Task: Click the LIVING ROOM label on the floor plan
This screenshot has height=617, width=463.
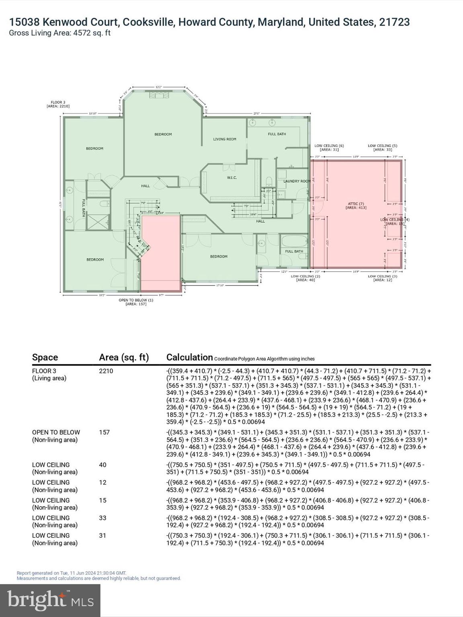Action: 225,139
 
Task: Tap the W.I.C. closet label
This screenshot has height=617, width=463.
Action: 231,178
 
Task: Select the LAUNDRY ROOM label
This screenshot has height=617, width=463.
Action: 297,181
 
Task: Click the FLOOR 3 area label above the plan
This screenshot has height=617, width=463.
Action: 58,104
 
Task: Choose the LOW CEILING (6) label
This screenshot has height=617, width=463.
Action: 329,147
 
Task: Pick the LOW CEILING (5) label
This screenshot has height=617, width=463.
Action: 382,147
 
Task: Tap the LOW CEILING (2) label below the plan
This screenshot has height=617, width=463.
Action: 305,278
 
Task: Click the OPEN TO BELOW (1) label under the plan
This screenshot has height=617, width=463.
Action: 136,302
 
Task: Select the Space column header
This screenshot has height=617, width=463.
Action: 45,358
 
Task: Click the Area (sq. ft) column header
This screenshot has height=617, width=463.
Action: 124,358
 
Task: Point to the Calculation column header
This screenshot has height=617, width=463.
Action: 189,358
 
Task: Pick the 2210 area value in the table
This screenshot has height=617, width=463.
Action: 106,371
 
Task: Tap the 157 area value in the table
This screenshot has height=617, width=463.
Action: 104,432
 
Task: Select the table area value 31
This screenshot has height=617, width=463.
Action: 102,535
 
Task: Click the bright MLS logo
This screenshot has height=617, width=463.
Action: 50,600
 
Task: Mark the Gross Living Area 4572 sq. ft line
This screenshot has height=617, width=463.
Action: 59,33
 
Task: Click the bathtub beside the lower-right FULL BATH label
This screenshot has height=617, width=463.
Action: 294,242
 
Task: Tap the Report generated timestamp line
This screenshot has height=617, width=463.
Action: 72,573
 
